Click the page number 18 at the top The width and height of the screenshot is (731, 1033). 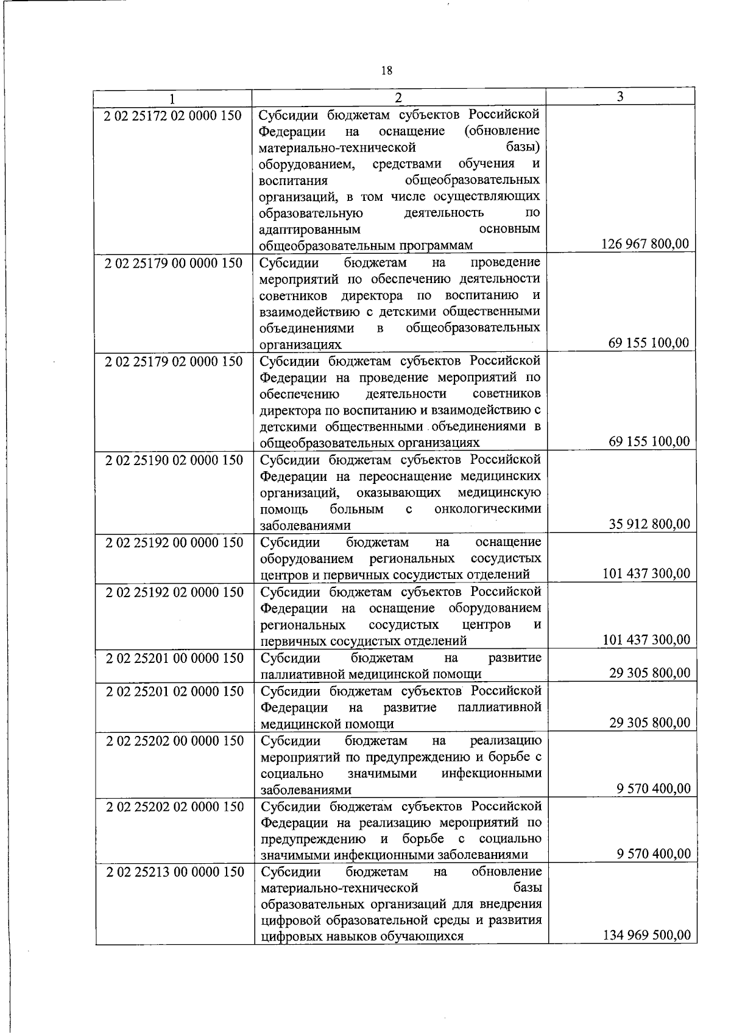386,71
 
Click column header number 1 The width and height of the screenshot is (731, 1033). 172,98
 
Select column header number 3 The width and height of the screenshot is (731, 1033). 620,96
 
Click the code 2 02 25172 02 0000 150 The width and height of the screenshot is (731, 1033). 174,115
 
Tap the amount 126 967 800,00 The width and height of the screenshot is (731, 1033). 645,244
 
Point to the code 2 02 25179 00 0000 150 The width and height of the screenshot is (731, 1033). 174,263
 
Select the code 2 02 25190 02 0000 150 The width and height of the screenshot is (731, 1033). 174,460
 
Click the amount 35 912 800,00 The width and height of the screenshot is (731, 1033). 649,524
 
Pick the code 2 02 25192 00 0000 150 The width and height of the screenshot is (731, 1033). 174,542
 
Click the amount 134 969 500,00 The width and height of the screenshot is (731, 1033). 646,951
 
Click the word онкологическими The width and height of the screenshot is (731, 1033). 487,509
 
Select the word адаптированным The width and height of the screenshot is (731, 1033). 309,229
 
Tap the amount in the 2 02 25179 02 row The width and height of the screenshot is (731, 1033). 649,441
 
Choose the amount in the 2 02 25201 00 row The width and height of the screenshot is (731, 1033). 649,673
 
